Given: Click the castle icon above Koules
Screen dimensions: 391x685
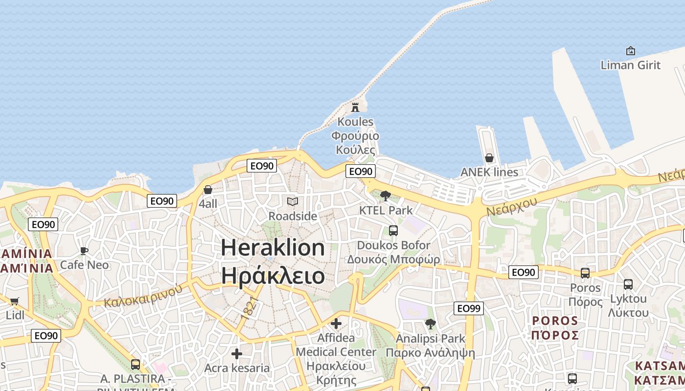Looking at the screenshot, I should pos(355,108).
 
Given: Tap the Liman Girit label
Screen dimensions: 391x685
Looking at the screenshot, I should pos(630,65).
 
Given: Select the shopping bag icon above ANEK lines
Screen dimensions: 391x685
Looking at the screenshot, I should pos(489,158).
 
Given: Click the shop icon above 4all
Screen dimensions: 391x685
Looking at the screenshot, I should pos(208,190).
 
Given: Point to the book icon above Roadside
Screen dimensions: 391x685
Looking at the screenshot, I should pos(293,201).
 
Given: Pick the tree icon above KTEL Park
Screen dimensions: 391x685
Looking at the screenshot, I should pos(386,196).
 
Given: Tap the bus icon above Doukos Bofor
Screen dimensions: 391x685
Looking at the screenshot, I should pos(393,231).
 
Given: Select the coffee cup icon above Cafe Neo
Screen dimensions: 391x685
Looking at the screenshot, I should pos(84,251).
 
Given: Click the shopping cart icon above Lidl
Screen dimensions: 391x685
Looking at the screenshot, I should pos(15,301).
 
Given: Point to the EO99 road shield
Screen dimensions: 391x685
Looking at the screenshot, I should pos(468,308).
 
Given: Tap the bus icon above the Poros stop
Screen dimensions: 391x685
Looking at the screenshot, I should pos(585,273).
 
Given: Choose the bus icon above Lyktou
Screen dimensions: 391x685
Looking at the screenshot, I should pos(628,284).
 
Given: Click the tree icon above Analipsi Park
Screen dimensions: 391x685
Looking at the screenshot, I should pos(431,324).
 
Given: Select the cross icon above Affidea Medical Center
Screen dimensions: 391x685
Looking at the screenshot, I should pos(336,324).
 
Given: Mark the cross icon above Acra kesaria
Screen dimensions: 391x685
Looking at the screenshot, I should pos(237,354).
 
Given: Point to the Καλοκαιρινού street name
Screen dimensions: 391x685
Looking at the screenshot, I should pos(143,295).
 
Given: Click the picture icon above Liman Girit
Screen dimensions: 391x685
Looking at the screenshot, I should pos(631,51).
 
